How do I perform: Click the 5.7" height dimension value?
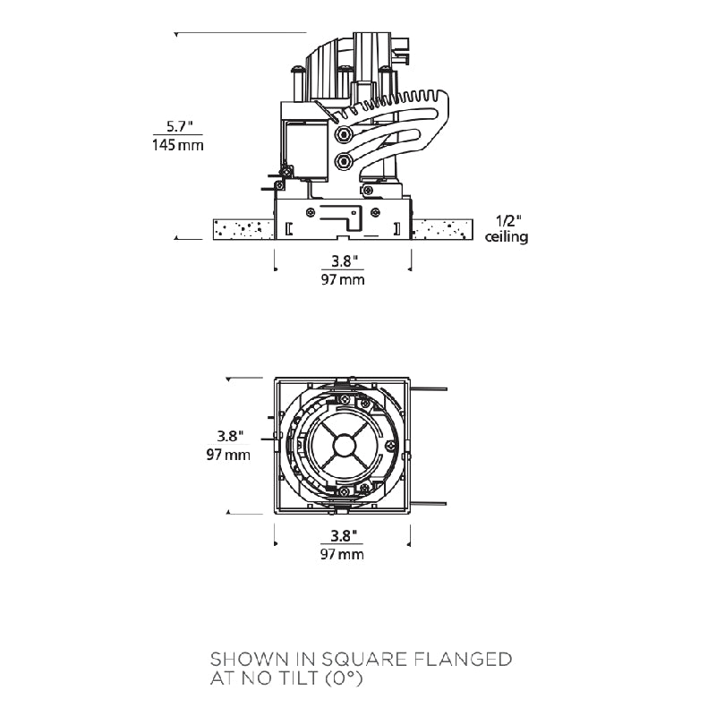pos(179,126)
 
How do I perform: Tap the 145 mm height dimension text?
pos(177,145)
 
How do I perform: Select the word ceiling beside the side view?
pos(507,237)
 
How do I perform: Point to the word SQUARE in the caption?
pos(364,659)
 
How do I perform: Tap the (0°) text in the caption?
pos(345,678)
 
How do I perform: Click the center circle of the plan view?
pos(343,445)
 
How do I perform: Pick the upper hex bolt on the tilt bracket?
pos(343,134)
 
